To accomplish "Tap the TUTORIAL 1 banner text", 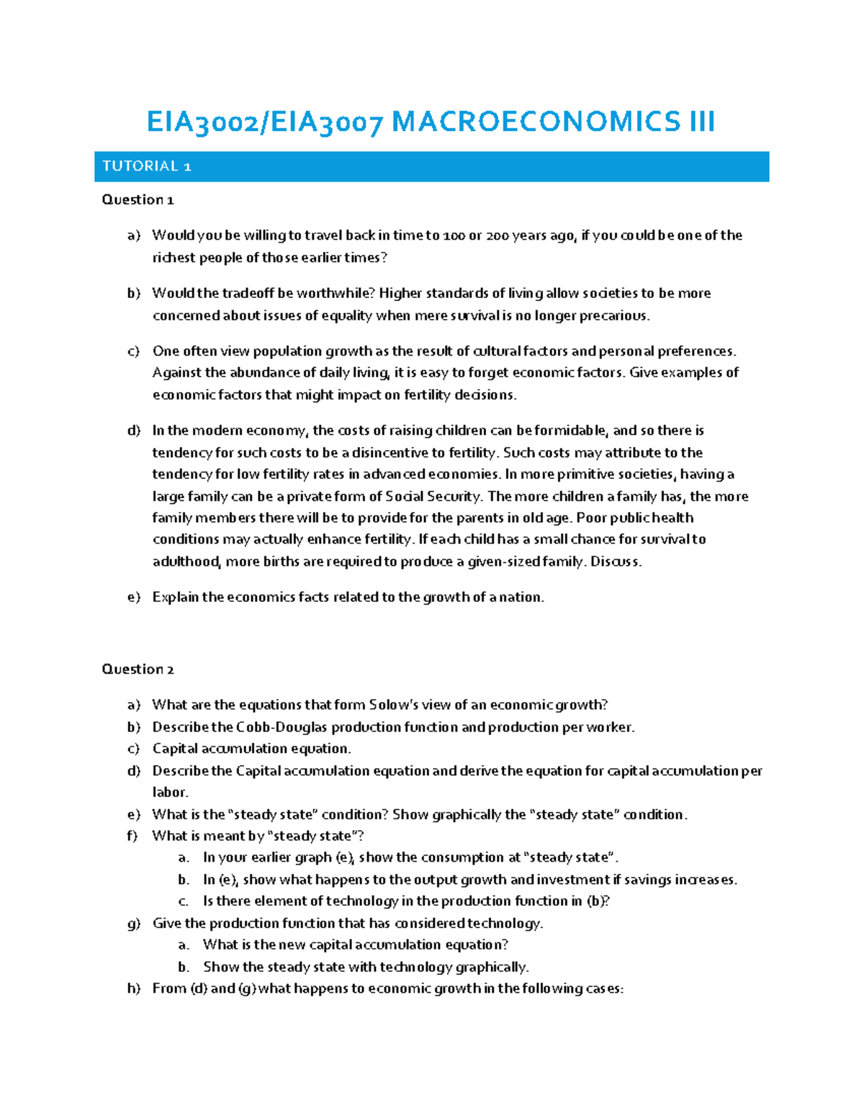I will point(146,166).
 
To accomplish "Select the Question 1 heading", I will point(138,199).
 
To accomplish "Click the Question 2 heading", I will point(138,669).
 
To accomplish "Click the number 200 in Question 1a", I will point(498,235).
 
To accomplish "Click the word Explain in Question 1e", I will point(175,597).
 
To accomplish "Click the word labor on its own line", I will point(169,792).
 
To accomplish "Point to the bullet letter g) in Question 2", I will point(134,924).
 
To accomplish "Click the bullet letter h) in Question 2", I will point(134,988).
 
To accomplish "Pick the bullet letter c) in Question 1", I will point(133,351).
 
